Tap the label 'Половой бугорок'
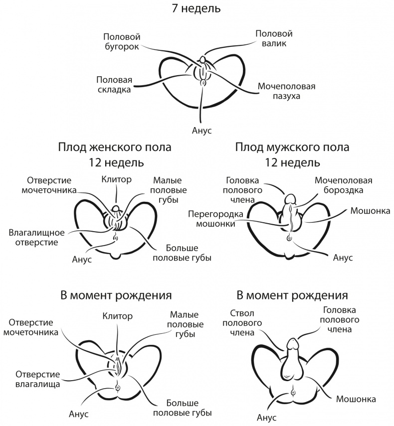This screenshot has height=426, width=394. [122, 42]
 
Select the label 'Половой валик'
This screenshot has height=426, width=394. [273, 38]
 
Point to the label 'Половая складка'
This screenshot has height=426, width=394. [114, 84]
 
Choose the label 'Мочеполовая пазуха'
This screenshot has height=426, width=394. [286, 91]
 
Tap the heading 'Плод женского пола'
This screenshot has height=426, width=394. [115, 147]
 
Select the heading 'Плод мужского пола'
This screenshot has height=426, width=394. [293, 147]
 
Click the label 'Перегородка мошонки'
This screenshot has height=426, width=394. [216, 219]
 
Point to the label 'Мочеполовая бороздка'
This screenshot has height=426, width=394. [343, 185]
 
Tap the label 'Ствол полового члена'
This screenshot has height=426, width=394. [243, 323]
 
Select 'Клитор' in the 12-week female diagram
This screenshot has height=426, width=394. [116, 178]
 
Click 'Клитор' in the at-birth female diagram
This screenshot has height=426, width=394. [118, 315]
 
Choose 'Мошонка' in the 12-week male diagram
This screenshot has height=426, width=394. [371, 210]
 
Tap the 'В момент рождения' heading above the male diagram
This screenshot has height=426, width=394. [292, 294]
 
